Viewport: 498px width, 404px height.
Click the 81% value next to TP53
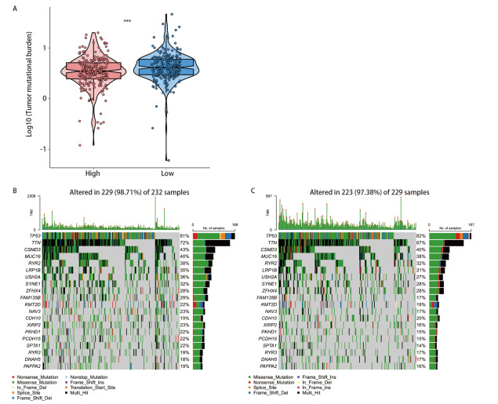click(184, 235)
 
